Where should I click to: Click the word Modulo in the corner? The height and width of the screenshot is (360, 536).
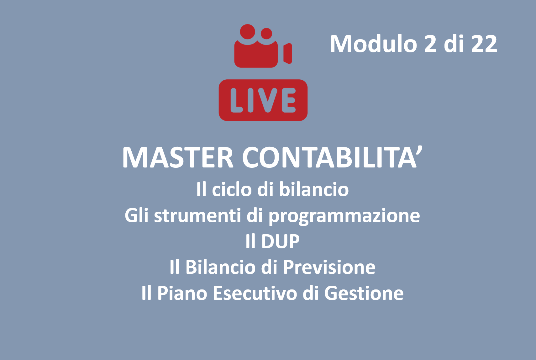[374, 44]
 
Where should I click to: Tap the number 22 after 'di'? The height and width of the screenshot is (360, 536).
[484, 44]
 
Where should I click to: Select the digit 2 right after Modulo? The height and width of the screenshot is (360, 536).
[430, 44]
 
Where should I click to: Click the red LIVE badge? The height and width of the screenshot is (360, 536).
[263, 100]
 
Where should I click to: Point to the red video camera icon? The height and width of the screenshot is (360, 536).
[263, 46]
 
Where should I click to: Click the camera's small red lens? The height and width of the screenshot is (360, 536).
[288, 53]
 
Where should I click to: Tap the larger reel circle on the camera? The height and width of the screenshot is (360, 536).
[247, 32]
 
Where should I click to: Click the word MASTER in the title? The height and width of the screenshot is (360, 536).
[177, 157]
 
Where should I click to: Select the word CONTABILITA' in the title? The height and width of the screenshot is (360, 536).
[332, 157]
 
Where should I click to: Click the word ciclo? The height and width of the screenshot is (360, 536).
[232, 189]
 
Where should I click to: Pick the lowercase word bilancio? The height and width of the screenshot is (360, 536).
[314, 189]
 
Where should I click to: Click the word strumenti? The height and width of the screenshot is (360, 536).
[198, 215]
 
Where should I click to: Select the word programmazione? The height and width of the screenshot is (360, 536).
[344, 216]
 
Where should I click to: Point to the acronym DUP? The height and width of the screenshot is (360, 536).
[281, 241]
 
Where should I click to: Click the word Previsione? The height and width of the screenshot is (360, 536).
[329, 267]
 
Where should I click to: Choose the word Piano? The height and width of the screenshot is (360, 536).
[182, 293]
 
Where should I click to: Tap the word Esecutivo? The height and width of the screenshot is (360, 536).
[255, 293]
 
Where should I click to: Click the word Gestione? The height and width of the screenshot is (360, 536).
[364, 293]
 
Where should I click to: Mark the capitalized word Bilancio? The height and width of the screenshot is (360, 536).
[220, 267]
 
